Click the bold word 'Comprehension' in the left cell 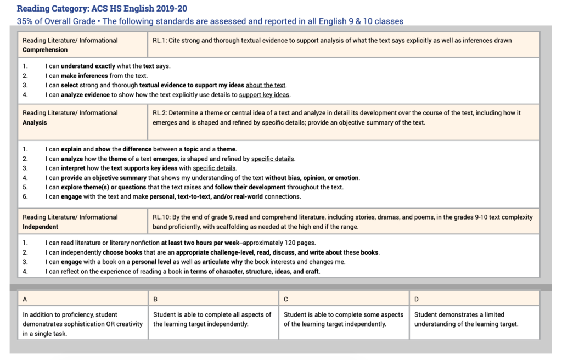pos(45,50)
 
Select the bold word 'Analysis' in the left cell pos(35,122)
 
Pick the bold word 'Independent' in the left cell pos(40,227)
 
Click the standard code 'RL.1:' pos(161,40)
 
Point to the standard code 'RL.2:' pos(161,113)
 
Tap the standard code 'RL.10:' pos(163,217)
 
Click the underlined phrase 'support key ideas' pos(264,95)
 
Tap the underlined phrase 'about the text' pos(266,85)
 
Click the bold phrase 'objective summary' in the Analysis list pos(119,178)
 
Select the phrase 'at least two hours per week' pos(201,243)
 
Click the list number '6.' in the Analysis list pos(25,196)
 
